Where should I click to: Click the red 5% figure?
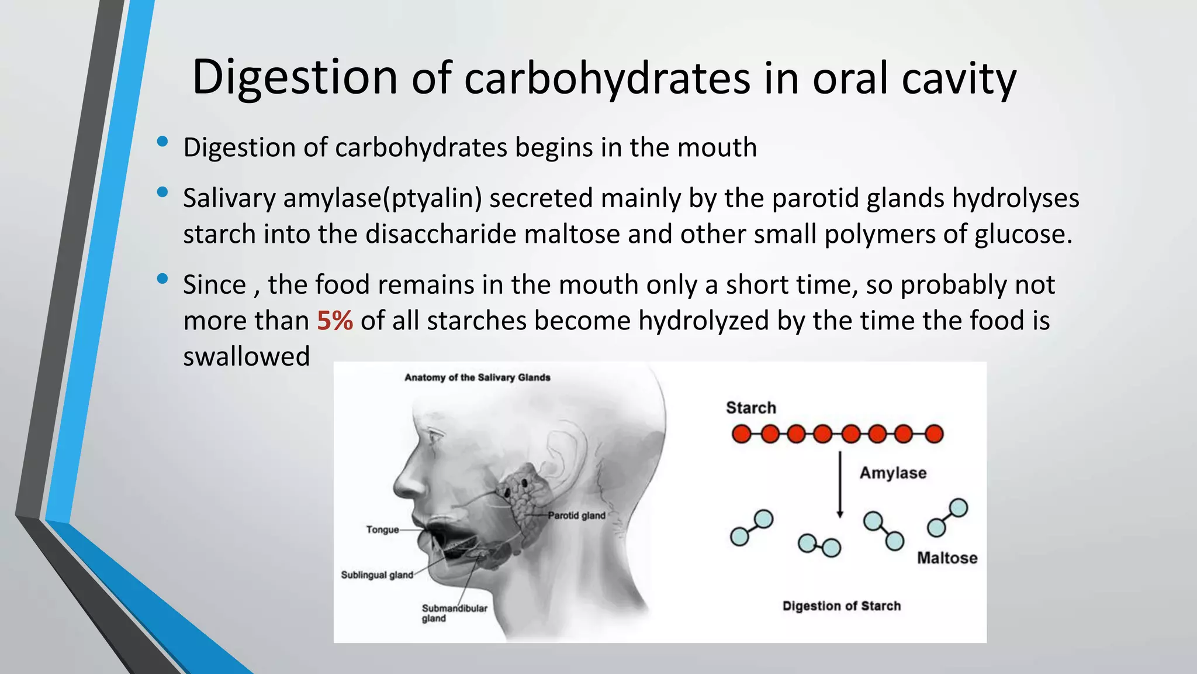pyautogui.click(x=335, y=321)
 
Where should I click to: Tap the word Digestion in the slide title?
pyautogui.click(x=295, y=77)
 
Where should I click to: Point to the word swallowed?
pyautogui.click(x=246, y=356)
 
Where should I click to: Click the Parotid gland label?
pyautogui.click(x=576, y=515)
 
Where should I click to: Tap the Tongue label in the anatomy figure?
pyautogui.click(x=382, y=529)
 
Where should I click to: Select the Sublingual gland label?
pyautogui.click(x=377, y=575)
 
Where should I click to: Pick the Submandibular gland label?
pyautogui.click(x=454, y=613)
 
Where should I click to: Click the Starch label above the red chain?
pyautogui.click(x=751, y=408)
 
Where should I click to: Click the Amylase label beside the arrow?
pyautogui.click(x=892, y=473)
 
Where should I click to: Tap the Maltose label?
pyautogui.click(x=947, y=558)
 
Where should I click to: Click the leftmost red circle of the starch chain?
pyautogui.click(x=741, y=434)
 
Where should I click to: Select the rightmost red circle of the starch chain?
pyautogui.click(x=934, y=434)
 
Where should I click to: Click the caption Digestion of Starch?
pyautogui.click(x=842, y=606)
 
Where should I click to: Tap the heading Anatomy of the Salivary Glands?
pyautogui.click(x=478, y=377)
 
